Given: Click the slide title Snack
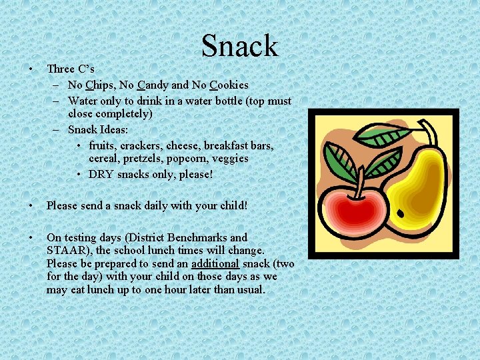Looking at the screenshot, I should pos(239,46).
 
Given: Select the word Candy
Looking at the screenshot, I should pos(153,85).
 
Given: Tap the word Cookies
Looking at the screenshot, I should pos(229,85).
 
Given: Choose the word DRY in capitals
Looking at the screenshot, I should pos(101,174).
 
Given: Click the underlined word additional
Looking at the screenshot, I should pos(215,263).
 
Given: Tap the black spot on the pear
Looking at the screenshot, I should pos(400,215).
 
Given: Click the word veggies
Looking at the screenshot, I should pos(230,159).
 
